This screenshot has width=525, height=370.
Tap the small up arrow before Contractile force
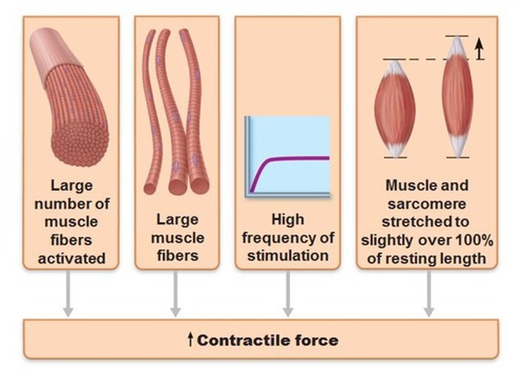pyautogui.click(x=190, y=339)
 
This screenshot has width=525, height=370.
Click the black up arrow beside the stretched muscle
pyautogui.click(x=480, y=49)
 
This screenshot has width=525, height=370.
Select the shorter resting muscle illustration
pyautogui.click(x=394, y=109)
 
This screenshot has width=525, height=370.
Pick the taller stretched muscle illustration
pyautogui.click(x=457, y=97)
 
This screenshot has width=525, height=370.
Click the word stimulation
pyautogui.click(x=288, y=255)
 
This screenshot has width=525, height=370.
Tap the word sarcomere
pyautogui.click(x=427, y=204)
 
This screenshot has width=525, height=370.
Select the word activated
pyautogui.click(x=72, y=258)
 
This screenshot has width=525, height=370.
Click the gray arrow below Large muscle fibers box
pyautogui.click(x=175, y=295)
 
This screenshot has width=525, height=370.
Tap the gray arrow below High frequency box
pyautogui.click(x=288, y=295)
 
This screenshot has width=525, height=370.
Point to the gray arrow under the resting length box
pyautogui.click(x=429, y=295)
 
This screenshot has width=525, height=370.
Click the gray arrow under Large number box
pyautogui.click(x=68, y=295)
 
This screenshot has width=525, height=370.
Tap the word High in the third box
pyautogui.click(x=288, y=220)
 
